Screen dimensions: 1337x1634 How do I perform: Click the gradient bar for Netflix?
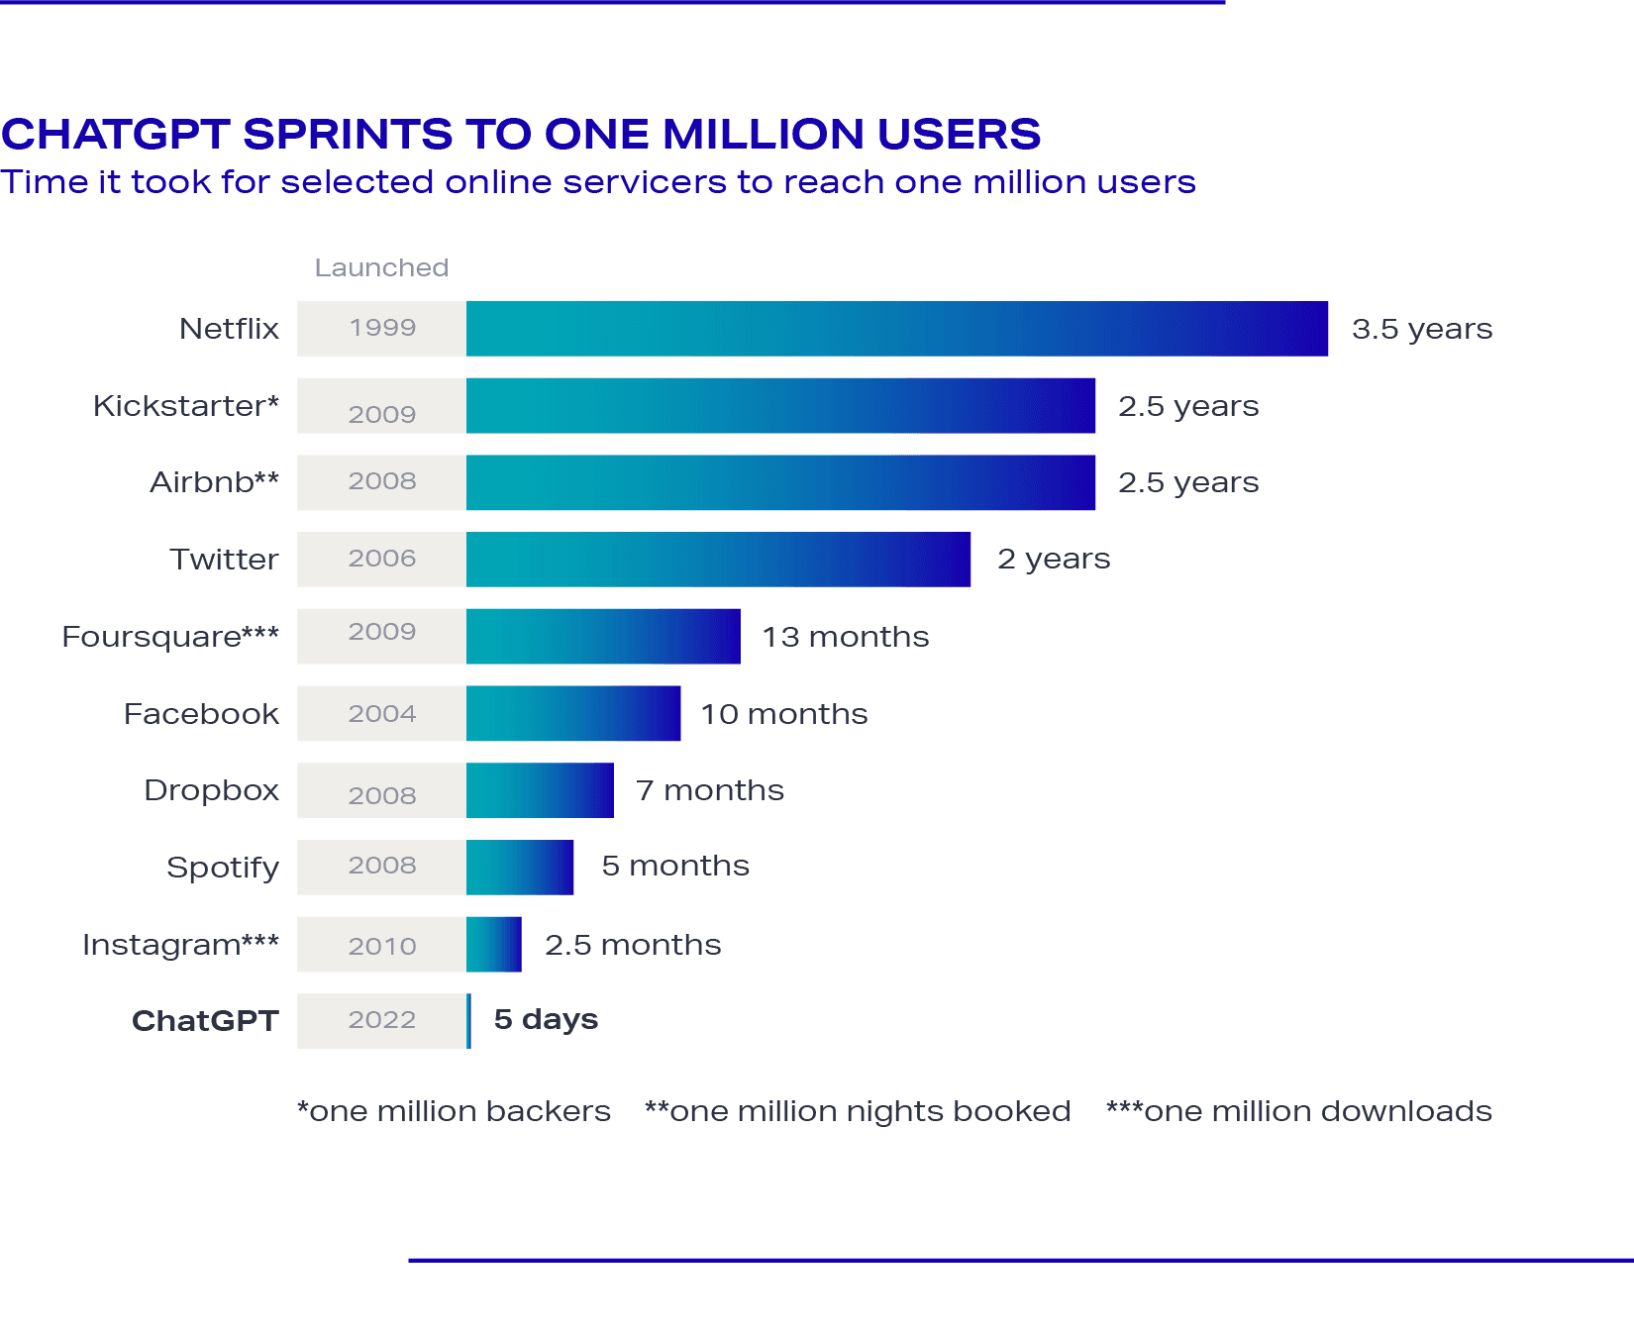point(897,329)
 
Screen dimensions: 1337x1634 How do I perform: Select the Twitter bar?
point(719,560)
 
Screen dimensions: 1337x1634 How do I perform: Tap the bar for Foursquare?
point(603,636)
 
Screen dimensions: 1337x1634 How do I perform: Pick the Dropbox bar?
point(540,790)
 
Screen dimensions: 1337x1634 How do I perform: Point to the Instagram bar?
point(494,944)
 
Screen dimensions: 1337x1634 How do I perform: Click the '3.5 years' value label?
point(1422,329)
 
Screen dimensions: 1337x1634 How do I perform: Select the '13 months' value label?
point(845,636)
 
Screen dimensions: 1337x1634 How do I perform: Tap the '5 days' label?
point(546,1019)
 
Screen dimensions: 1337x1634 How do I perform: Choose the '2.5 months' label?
point(633,944)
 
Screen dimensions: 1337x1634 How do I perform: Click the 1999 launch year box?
point(382,329)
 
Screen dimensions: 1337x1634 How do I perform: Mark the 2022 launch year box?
point(382,1020)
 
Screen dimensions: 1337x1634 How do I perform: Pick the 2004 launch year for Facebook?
point(382,713)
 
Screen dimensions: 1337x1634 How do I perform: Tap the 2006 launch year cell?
point(382,560)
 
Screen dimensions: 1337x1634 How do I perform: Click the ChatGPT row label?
point(205,1020)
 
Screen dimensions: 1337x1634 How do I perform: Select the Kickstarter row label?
point(186,406)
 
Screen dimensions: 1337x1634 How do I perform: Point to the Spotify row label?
point(223,868)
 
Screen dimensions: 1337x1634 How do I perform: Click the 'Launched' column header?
point(382,267)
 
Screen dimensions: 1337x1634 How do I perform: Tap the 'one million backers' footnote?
point(455,1111)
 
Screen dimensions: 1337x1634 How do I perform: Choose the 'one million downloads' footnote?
point(1299,1111)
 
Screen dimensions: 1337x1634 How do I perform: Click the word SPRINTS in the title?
point(348,135)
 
